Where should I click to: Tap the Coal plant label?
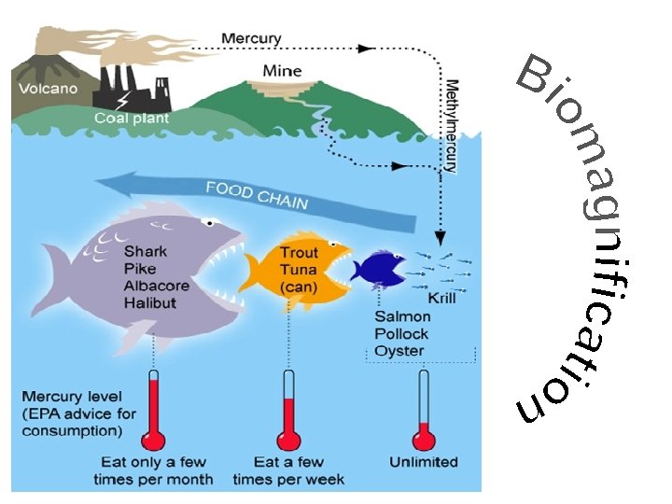132,119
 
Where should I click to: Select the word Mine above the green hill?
282,70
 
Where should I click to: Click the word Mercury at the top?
251,38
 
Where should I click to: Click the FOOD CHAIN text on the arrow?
257,195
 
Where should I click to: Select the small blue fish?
378,268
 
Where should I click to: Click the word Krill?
442,299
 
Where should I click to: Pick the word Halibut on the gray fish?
150,302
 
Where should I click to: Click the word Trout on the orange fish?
300,252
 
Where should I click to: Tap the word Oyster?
399,350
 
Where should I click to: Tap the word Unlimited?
424,462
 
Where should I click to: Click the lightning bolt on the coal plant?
123,96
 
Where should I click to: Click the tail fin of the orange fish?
250,273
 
